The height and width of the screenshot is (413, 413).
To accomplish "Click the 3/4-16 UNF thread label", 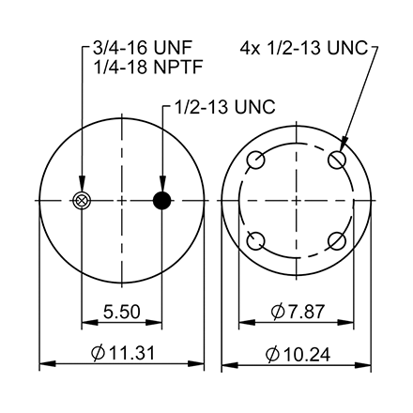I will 148,48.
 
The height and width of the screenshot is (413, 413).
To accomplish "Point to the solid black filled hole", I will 162,200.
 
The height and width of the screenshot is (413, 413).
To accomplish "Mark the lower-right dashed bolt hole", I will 337,241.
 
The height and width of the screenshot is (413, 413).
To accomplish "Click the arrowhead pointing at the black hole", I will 162,187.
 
